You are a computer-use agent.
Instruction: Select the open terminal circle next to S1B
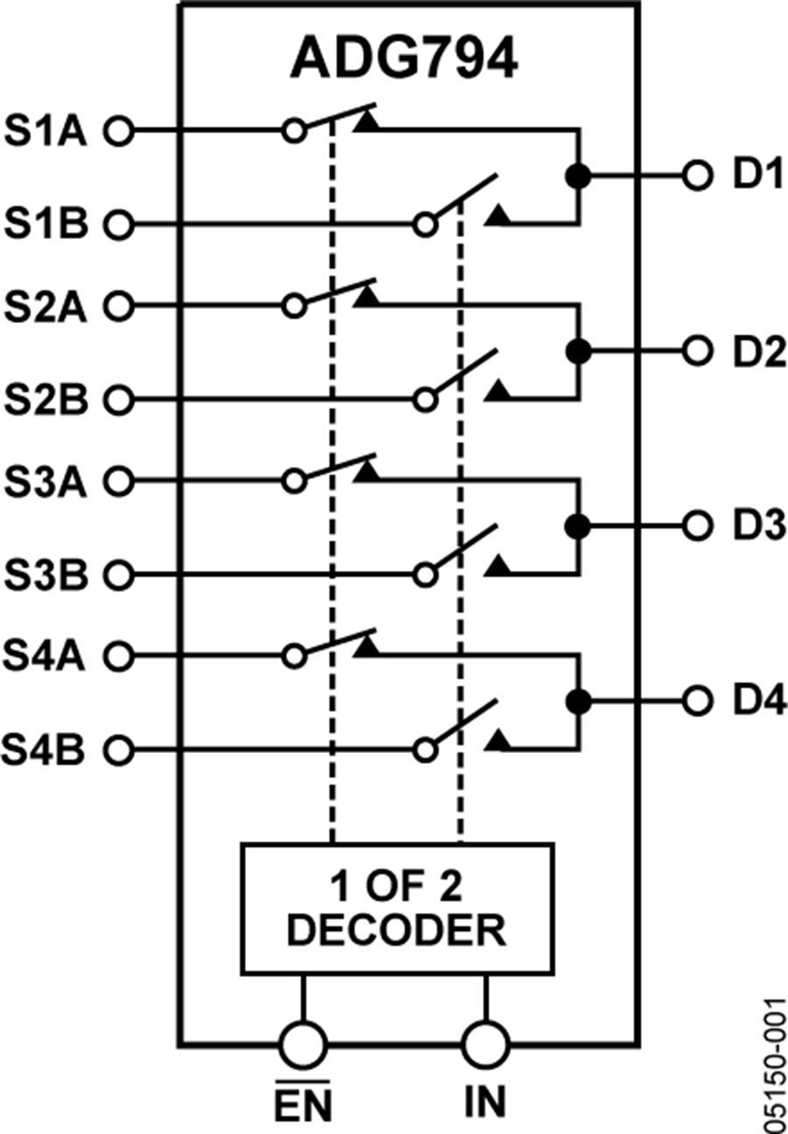[117, 225]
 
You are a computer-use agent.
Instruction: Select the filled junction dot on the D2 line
[577, 351]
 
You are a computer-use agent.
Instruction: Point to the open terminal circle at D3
[697, 526]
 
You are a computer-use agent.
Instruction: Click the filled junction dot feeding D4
[577, 701]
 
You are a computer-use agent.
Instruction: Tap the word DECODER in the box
[397, 930]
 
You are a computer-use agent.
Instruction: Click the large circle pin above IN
[485, 1044]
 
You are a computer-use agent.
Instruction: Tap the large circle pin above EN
[303, 1044]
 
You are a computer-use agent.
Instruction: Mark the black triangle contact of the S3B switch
[498, 567]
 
